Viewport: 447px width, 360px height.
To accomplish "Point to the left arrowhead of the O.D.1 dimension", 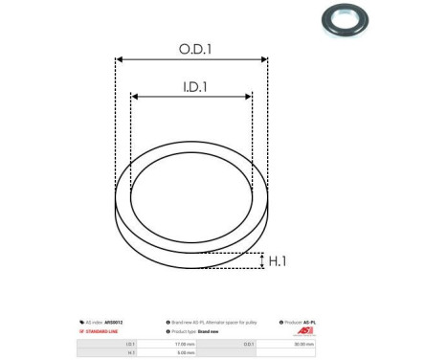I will click(x=119, y=58).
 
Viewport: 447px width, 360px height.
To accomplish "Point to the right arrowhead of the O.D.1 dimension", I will click(x=265, y=58).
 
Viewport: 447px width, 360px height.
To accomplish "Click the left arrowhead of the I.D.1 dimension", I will click(x=135, y=96).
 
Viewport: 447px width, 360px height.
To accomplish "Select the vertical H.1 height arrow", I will click(x=260, y=260).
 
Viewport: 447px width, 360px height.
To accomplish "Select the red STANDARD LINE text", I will click(x=97, y=330).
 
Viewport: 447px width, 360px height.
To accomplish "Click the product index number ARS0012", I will click(x=114, y=323).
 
